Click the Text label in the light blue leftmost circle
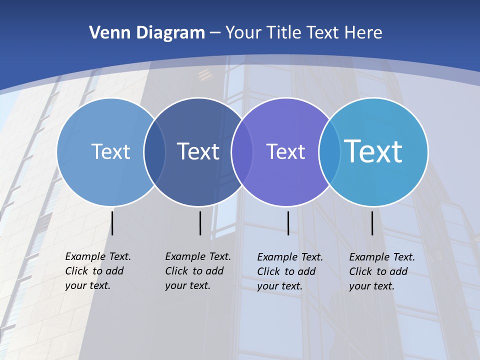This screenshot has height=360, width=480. (110, 151)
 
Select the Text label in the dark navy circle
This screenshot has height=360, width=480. (198, 151)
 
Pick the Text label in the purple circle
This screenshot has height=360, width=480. (285, 151)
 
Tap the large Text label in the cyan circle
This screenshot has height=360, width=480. (373, 151)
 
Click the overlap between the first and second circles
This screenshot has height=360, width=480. (154, 152)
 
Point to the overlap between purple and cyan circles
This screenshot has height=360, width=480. (329, 152)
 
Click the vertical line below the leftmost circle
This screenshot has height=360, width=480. (112, 223)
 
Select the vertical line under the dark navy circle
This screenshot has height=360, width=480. (200, 223)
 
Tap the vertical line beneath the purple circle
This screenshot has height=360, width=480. (288, 223)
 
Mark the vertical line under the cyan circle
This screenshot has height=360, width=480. (372, 223)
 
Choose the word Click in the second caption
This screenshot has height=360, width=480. (176, 271)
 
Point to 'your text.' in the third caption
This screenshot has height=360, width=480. (279, 286)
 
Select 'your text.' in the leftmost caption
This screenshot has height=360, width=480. (87, 285)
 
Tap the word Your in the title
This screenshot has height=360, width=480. (244, 33)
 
